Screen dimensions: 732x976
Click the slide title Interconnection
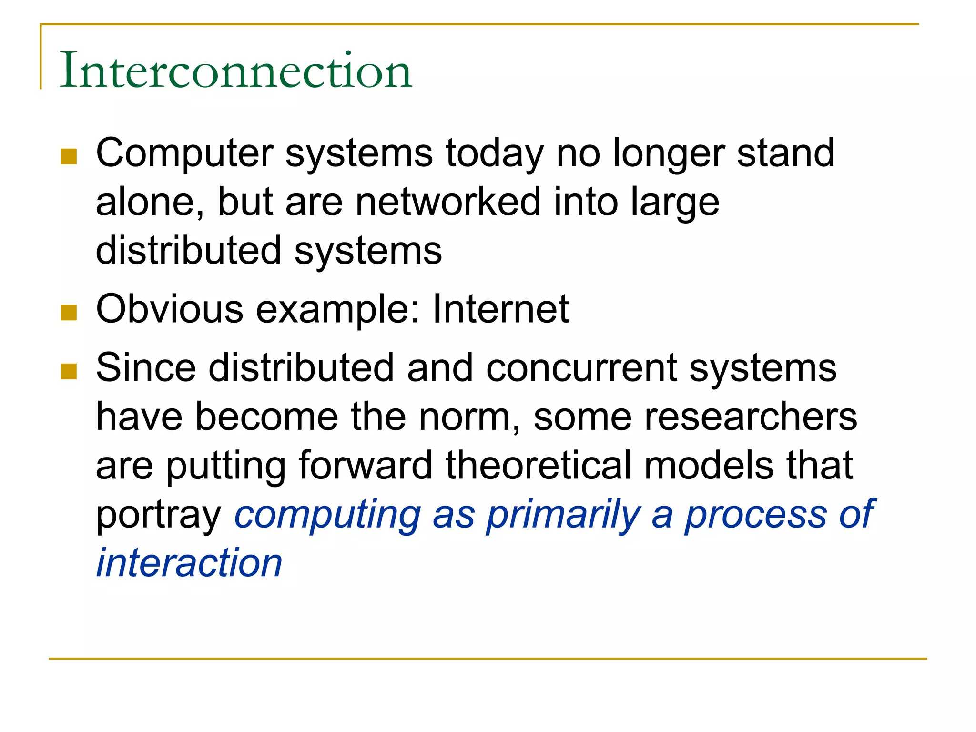235,71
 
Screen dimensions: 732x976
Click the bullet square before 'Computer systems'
69,157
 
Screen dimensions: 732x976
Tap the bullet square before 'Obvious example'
69,313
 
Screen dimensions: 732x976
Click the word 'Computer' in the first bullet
184,153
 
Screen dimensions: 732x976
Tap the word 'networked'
447,202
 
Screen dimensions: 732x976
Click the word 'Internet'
500,309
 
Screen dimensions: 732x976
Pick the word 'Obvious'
170,309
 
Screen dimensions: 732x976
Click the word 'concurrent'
581,368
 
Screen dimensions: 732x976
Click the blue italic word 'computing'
328,515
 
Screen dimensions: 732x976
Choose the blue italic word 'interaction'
189,563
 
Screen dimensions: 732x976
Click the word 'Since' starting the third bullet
146,368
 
